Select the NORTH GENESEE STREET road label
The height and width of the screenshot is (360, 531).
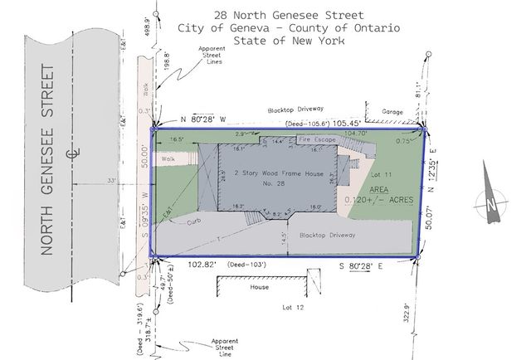pyautogui.click(x=46, y=162)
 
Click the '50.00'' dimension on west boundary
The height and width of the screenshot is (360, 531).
pyautogui.click(x=146, y=158)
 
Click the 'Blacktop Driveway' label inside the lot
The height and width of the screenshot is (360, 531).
pyautogui.click(x=327, y=235)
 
